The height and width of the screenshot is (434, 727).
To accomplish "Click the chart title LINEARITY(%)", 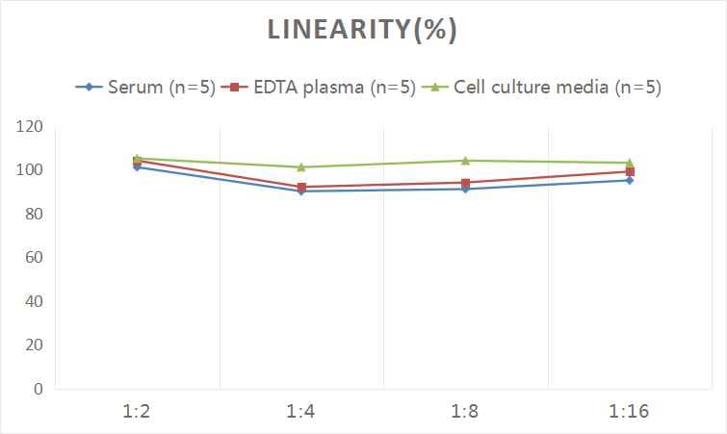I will [361, 30].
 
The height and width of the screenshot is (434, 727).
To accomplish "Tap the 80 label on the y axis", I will [34, 214].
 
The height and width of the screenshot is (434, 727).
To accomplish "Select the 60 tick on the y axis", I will [34, 258].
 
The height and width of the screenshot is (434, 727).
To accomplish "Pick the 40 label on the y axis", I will [34, 301].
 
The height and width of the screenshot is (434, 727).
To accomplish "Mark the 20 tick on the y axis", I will [34, 345].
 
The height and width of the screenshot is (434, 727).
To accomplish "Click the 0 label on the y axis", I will [38, 389].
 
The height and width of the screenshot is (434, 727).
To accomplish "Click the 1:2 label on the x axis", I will [138, 412].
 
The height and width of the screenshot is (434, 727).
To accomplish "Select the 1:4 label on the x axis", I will [301, 412].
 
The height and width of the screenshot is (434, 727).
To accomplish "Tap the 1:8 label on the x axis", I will [465, 412].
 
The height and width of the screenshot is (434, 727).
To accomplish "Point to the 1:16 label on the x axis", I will [629, 412].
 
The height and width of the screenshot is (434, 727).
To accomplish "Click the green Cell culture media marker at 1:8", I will [465, 161].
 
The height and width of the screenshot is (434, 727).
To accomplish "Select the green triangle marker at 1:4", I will [301, 167].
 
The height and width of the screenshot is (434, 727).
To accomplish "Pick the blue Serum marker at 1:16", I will [629, 180].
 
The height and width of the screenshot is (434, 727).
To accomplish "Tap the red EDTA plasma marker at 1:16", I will [629, 172].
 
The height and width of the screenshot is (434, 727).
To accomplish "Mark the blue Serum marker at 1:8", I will [465, 189].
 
